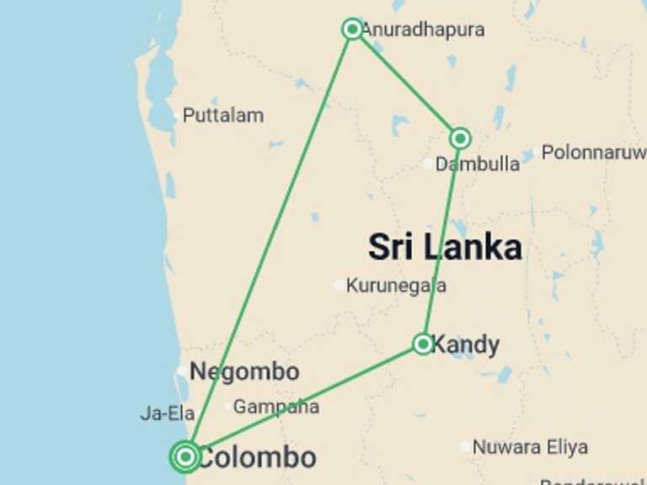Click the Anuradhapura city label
(423, 29)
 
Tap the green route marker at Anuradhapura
(352, 29)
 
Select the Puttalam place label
(223, 115)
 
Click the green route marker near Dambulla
(460, 138)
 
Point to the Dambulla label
(478, 164)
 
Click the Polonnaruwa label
(593, 152)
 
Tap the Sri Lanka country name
(445, 248)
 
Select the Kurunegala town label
(396, 285)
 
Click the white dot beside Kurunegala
(340, 285)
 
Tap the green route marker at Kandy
(423, 344)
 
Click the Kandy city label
(465, 344)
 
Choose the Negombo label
(244, 371)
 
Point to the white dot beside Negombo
(182, 370)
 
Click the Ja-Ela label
(168, 413)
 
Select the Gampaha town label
(276, 407)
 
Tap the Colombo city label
(256, 458)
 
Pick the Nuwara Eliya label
(530, 447)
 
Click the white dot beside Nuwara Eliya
(465, 447)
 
